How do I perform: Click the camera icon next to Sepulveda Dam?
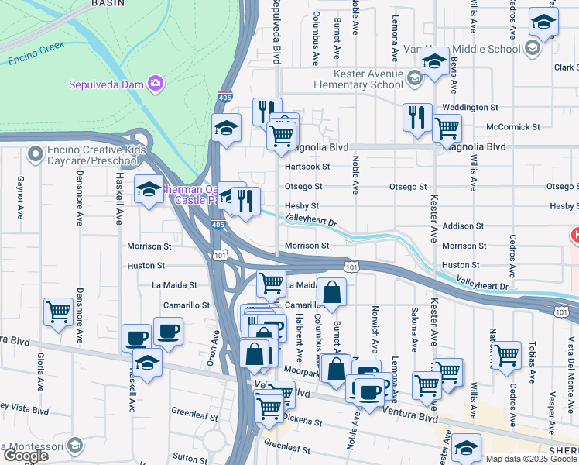[156, 83]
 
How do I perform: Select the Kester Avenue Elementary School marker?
[415, 77]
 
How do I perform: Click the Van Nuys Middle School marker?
[531, 49]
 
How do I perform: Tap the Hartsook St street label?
[307, 167]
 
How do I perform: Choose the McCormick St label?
[512, 126]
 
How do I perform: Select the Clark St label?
[565, 67]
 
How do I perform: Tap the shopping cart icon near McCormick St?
[447, 128]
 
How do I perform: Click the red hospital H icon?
[575, 234]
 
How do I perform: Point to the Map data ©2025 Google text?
[530, 459]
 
